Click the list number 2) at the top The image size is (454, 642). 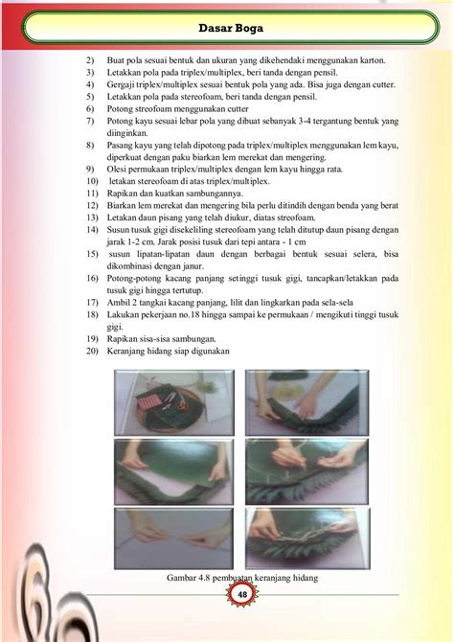point(90,60)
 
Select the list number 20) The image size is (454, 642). point(92,352)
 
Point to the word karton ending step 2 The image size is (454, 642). point(371,60)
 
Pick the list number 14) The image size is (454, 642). point(92,230)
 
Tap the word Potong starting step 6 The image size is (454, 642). point(124,109)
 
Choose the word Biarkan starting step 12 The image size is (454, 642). point(125,205)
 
